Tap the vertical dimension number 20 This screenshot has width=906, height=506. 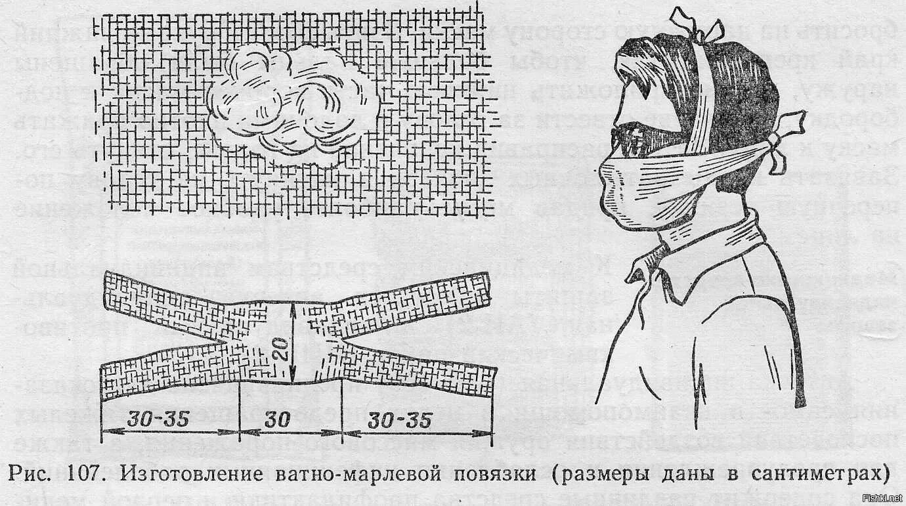click(280, 348)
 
